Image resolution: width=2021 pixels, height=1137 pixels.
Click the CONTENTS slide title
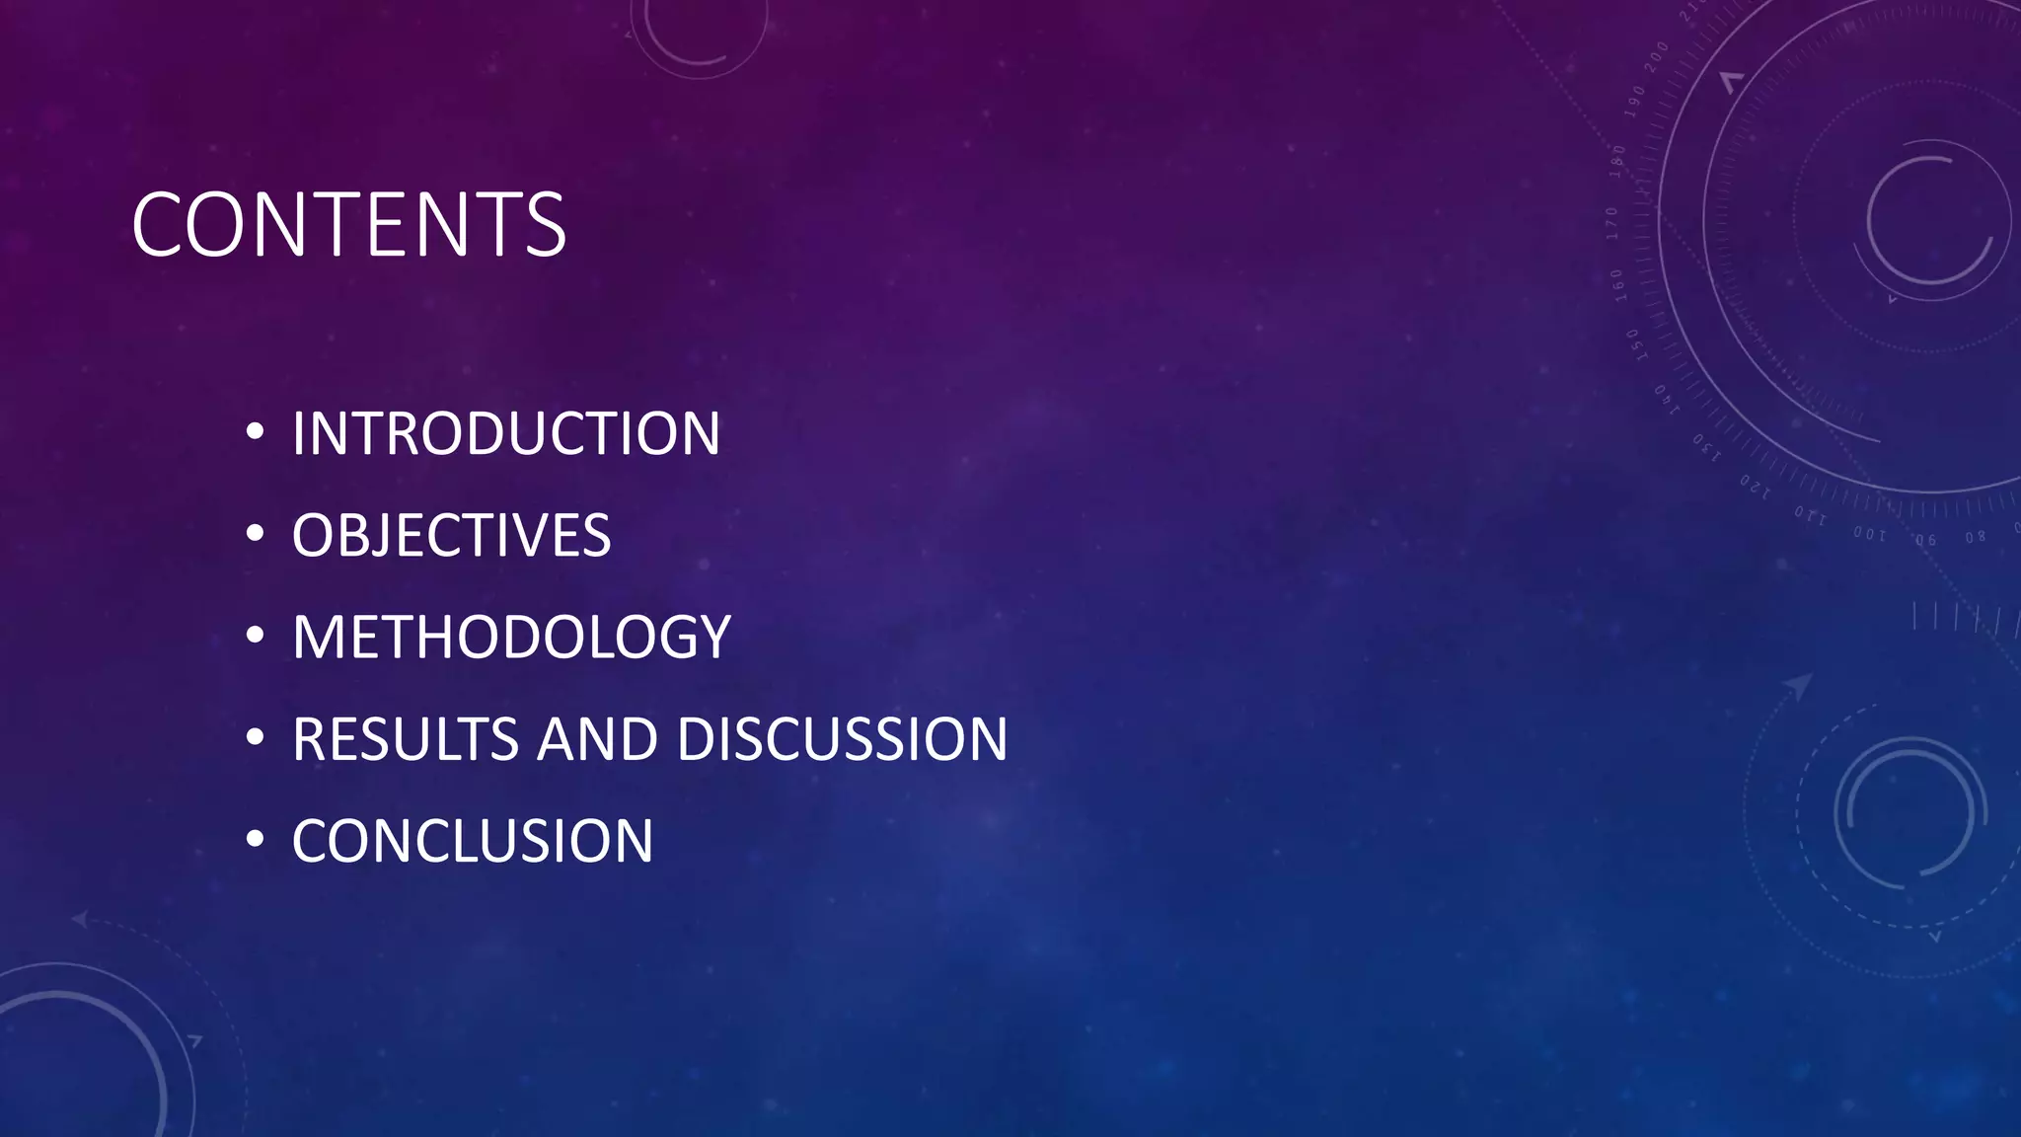click(348, 225)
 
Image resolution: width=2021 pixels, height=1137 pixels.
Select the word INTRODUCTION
click(505, 433)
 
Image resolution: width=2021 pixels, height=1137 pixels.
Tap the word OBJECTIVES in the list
click(451, 535)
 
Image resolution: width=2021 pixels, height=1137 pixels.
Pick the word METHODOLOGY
click(511, 637)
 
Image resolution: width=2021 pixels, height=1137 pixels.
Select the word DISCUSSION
click(843, 739)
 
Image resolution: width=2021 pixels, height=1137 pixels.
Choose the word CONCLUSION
click(472, 841)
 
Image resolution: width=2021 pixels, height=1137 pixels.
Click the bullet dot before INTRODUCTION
click(256, 431)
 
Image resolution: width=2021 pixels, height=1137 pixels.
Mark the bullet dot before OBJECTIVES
click(256, 533)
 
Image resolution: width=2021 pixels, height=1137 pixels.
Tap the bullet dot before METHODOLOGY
click(256, 635)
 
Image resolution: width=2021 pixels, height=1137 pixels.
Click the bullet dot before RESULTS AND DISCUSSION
click(256, 737)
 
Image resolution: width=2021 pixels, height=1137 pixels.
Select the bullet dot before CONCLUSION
click(256, 839)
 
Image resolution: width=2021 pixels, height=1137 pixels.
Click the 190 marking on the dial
click(1635, 102)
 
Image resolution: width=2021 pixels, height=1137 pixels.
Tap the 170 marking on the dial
click(1612, 223)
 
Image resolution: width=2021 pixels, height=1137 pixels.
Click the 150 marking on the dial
click(1632, 344)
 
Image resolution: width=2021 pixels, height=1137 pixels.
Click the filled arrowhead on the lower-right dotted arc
click(1799, 685)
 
